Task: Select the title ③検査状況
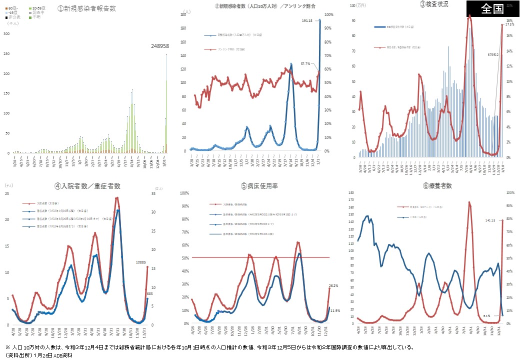coord(434,4)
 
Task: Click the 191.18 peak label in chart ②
coord(307,20)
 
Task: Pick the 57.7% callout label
coord(305,63)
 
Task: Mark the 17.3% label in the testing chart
coord(509,24)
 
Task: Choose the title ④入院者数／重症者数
coord(87,186)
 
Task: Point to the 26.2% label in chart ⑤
coord(334,286)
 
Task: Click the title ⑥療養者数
coord(433,186)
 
